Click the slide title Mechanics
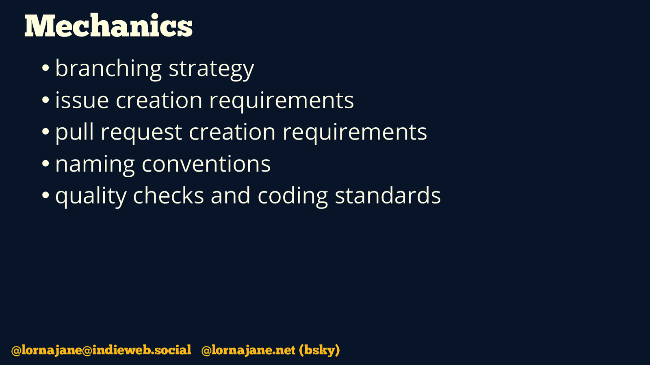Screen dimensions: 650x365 (x=108, y=26)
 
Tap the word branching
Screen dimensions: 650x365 (x=108, y=69)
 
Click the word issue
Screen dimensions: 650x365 (x=82, y=100)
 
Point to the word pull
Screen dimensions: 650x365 (x=75, y=132)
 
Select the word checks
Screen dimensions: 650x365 (x=168, y=195)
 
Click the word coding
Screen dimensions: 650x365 (x=293, y=196)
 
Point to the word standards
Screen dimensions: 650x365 (x=388, y=195)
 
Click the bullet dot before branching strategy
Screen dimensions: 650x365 (x=45, y=68)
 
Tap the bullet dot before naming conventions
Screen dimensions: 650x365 (x=45, y=163)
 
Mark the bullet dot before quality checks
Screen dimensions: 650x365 (x=45, y=195)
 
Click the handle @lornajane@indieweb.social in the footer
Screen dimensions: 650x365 (x=101, y=350)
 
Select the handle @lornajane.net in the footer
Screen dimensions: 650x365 (x=248, y=350)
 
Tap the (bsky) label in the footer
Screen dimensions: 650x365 (x=319, y=350)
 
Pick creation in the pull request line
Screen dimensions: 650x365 (x=232, y=132)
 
